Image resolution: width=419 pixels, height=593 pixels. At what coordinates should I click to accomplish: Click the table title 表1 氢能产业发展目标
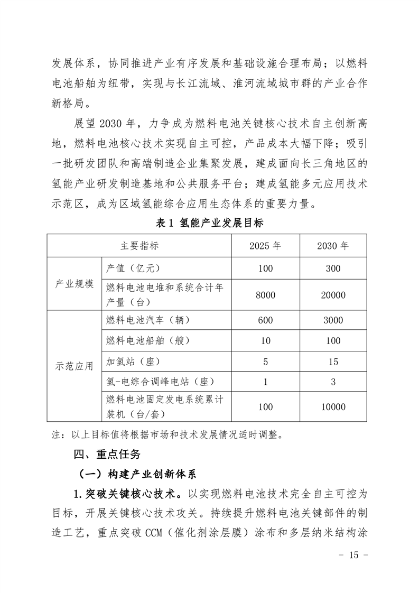(x=210, y=223)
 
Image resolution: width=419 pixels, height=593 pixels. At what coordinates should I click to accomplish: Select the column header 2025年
(x=265, y=246)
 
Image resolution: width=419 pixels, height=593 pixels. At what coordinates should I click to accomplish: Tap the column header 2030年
(x=333, y=246)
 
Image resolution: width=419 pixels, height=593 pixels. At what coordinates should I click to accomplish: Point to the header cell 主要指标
(x=139, y=246)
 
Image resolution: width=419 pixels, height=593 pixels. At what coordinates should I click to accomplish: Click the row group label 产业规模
(x=75, y=284)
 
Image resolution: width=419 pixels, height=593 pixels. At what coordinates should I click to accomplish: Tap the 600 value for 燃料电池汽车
(x=265, y=320)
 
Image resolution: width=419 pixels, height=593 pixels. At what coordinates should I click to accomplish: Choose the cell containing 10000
(x=333, y=407)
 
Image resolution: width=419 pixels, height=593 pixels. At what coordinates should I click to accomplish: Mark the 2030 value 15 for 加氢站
(x=333, y=362)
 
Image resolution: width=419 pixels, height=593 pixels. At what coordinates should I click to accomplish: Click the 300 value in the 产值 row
(x=333, y=268)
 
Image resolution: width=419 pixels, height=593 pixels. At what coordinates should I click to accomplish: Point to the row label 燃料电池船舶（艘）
(x=148, y=341)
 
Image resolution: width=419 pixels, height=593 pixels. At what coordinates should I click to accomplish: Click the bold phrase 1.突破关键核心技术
(x=126, y=494)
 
